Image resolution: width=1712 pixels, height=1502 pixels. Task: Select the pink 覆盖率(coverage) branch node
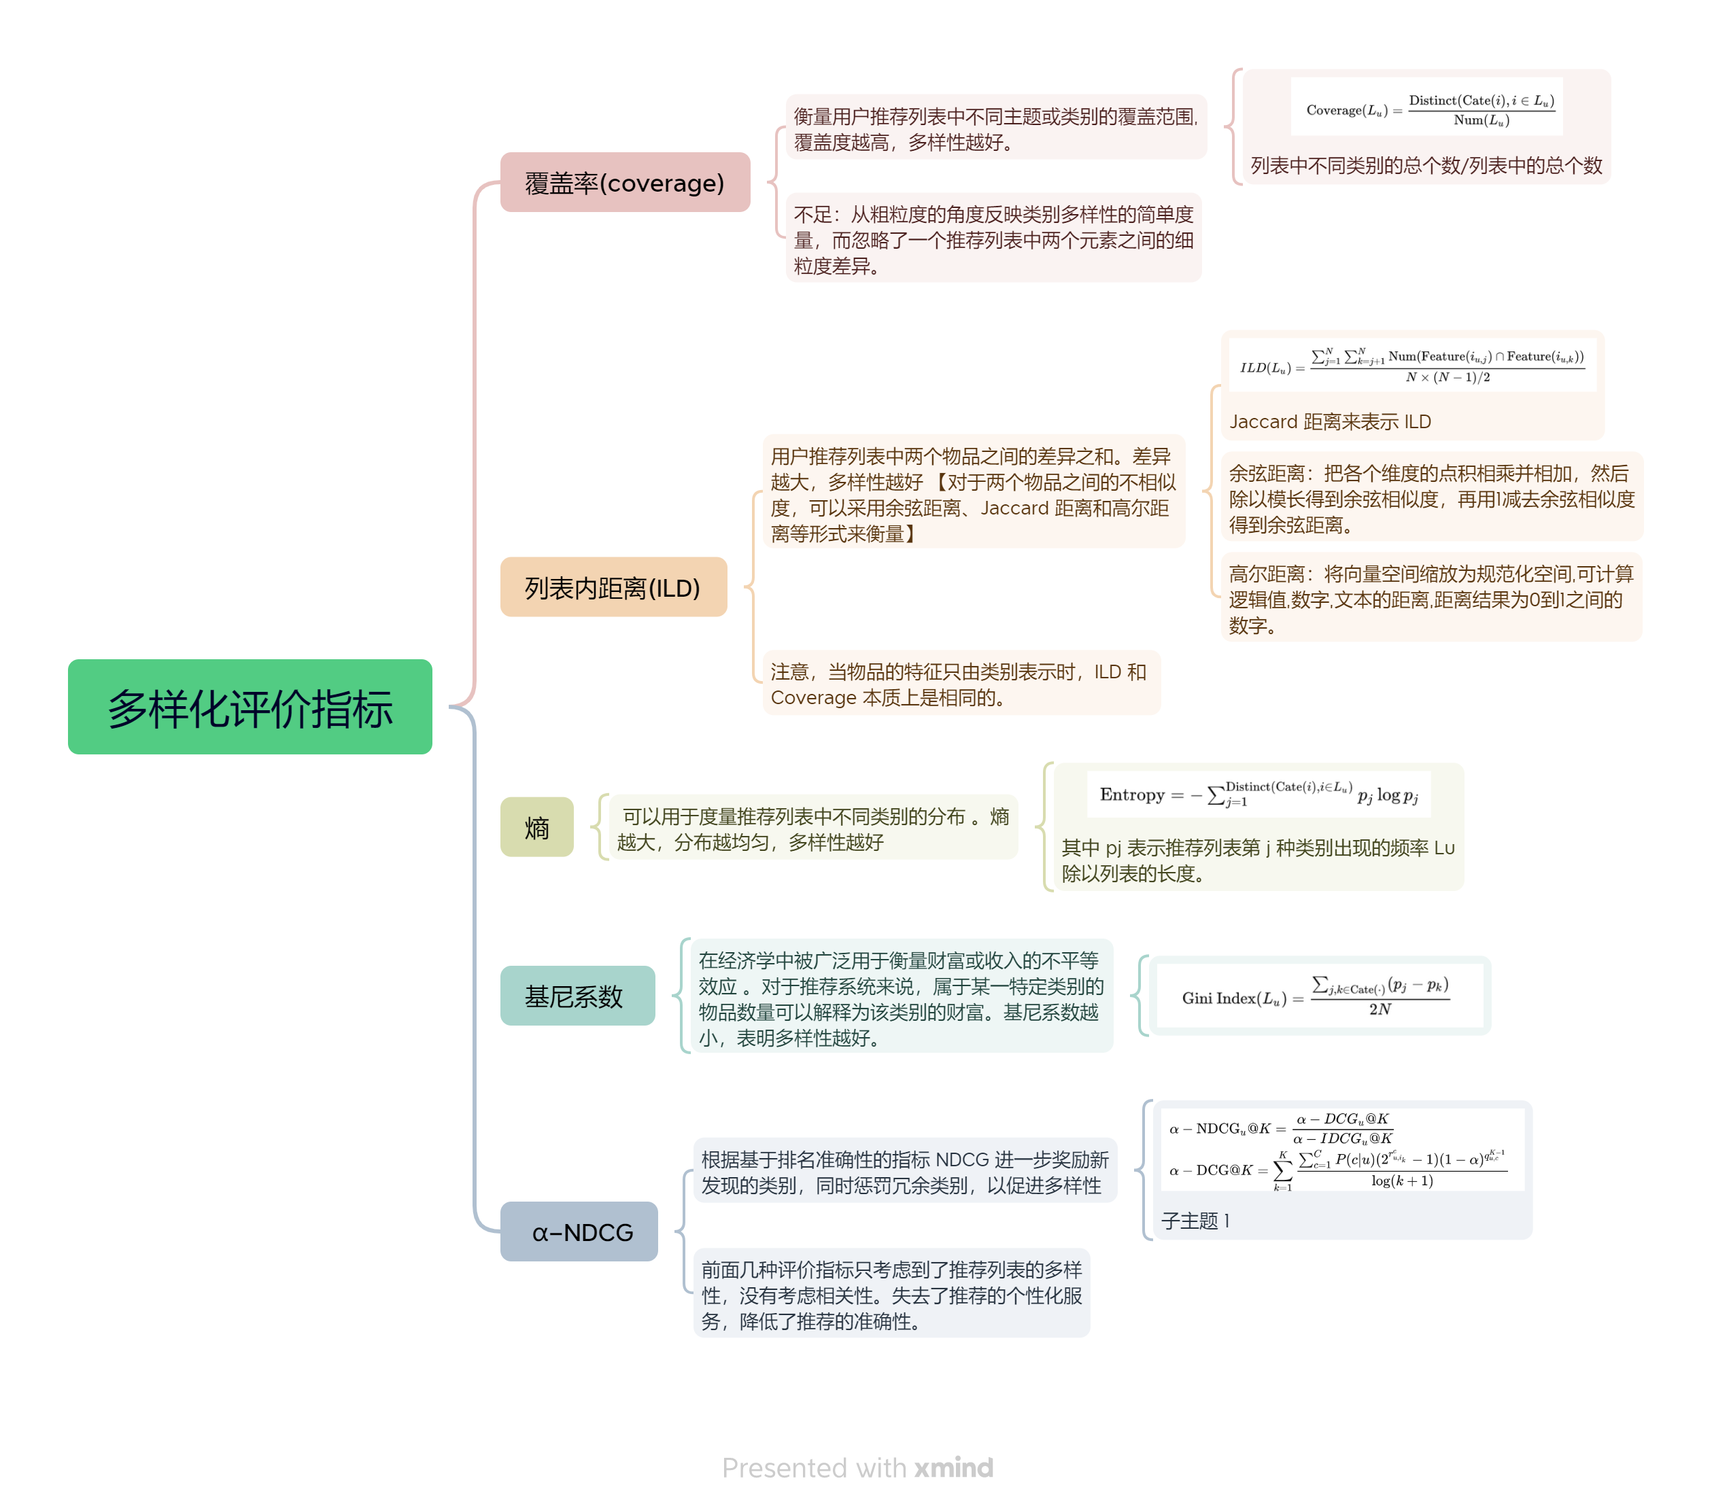click(x=624, y=183)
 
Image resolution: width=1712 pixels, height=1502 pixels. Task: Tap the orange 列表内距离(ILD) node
click(x=613, y=587)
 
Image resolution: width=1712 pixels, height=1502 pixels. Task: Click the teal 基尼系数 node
click(x=577, y=996)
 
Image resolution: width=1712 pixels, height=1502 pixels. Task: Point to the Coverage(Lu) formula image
click(x=1426, y=108)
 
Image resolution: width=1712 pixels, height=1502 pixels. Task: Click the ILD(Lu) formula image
click(x=1411, y=365)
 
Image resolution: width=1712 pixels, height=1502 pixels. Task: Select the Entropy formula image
click(x=1258, y=793)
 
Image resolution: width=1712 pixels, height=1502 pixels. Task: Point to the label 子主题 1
click(x=1195, y=1221)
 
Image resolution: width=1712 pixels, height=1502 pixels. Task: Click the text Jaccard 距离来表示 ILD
click(x=1329, y=421)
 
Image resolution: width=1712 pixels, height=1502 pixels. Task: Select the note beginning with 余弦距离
click(x=1431, y=498)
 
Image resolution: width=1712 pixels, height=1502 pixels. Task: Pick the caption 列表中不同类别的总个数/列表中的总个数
click(x=1426, y=165)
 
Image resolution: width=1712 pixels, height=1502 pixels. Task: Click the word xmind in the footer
click(x=953, y=1467)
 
